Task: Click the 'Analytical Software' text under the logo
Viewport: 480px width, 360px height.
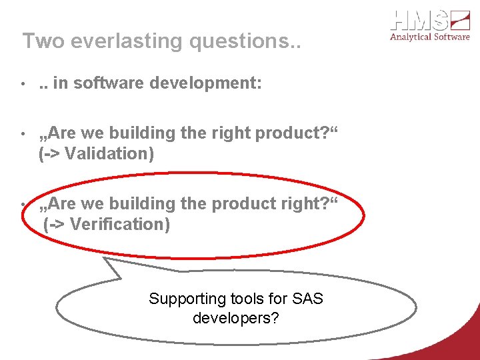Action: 429,37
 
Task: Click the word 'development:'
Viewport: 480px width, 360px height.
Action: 213,83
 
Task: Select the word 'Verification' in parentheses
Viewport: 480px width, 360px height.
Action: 119,224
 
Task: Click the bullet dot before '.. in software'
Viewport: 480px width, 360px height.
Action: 22,84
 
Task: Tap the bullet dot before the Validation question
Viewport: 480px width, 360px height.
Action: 22,134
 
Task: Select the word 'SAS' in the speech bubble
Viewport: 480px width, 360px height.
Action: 308,299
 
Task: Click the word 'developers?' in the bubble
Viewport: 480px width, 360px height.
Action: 235,318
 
